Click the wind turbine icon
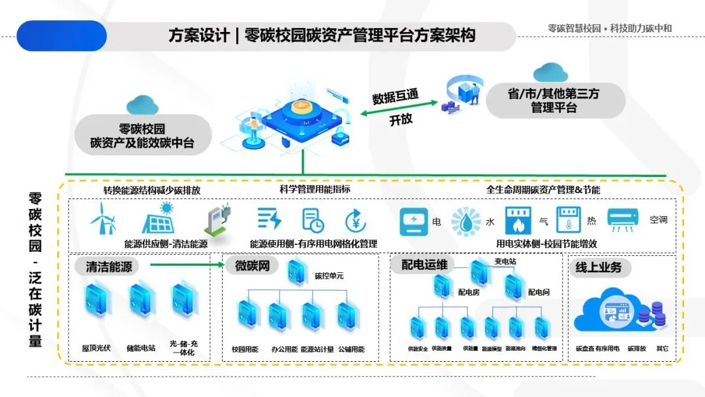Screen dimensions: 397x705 coord(103,218)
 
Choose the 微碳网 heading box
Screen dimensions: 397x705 coord(252,266)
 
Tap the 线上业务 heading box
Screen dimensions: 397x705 coord(598,266)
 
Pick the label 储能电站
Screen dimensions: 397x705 coord(142,348)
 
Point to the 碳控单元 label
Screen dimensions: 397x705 coord(329,276)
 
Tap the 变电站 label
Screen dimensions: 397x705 coord(505,261)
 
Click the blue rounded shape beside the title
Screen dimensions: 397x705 coord(61,35)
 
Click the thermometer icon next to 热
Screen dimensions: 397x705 coord(568,220)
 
